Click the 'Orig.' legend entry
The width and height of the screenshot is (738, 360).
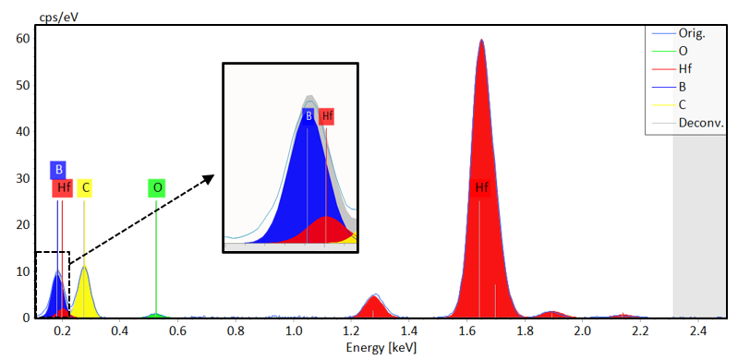(691, 33)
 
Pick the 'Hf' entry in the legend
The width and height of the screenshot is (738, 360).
(686, 69)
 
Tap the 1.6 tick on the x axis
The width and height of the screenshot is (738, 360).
(467, 330)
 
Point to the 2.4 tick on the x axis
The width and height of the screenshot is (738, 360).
(698, 330)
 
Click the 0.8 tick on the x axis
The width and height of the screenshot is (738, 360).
(236, 330)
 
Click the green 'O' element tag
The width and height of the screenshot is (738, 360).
(157, 188)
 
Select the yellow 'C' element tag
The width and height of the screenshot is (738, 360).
(85, 188)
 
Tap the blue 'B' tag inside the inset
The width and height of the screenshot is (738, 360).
(308, 116)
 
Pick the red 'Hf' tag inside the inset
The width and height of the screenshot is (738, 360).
(326, 116)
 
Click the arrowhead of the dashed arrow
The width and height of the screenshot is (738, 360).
(210, 177)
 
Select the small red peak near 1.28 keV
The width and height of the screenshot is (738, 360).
(374, 306)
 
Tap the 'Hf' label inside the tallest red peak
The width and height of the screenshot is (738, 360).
(481, 188)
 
